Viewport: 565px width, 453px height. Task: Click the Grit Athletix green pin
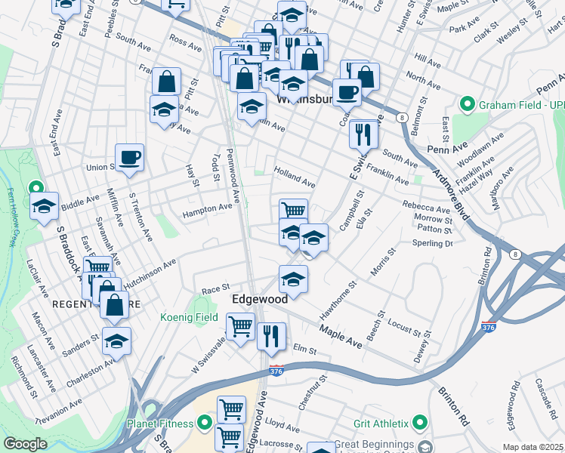click(x=421, y=422)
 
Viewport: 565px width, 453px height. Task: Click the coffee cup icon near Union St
click(x=129, y=157)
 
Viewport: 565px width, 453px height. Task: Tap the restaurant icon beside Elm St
click(x=271, y=335)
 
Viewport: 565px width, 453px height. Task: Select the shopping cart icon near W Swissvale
click(x=240, y=328)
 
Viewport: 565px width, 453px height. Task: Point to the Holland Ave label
click(x=295, y=177)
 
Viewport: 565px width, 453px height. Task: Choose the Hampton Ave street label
click(x=207, y=210)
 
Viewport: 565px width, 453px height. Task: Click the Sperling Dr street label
click(x=432, y=243)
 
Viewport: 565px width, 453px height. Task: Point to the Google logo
click(x=25, y=444)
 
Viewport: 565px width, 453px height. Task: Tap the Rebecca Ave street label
click(x=426, y=208)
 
